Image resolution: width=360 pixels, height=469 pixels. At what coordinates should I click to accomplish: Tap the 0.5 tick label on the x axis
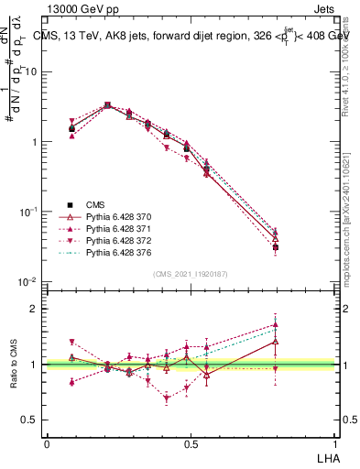191,443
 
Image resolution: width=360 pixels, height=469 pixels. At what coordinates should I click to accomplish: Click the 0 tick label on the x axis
47,443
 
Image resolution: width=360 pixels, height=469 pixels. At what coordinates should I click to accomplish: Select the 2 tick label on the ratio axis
34,309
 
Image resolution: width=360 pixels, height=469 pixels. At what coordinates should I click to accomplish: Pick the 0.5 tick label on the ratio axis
29,420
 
